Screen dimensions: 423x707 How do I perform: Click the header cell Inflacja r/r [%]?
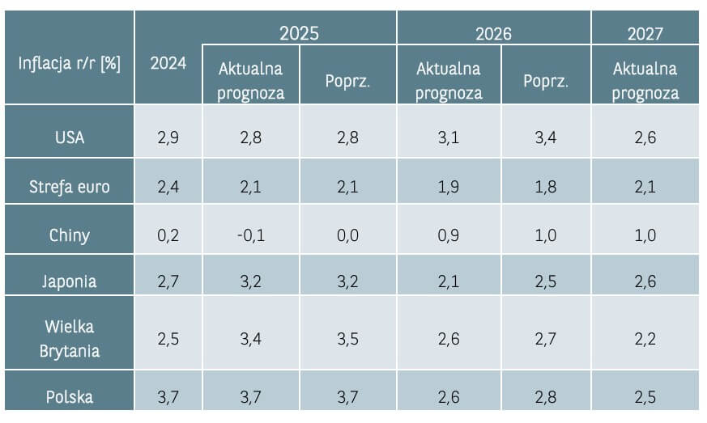(69, 64)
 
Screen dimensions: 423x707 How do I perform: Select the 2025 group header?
(299, 33)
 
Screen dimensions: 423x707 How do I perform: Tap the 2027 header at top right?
(645, 33)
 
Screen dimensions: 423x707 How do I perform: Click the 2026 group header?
(493, 33)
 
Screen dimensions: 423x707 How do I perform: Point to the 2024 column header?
(168, 64)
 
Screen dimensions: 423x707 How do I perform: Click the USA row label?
(69, 137)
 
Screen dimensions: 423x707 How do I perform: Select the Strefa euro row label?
(69, 188)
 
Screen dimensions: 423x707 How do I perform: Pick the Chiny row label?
(69, 235)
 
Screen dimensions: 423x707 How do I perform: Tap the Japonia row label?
(69, 281)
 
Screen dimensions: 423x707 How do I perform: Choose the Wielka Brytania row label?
(69, 339)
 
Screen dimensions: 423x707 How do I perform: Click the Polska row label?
(69, 396)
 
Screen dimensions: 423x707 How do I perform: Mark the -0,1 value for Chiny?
(250, 235)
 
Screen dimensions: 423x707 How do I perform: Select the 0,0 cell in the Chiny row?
(347, 235)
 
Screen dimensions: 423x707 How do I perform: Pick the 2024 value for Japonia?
(168, 281)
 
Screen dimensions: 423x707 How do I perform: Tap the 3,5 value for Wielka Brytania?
(347, 339)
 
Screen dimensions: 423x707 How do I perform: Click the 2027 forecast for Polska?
(645, 396)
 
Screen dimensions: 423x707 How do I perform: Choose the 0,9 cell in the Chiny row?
(448, 235)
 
